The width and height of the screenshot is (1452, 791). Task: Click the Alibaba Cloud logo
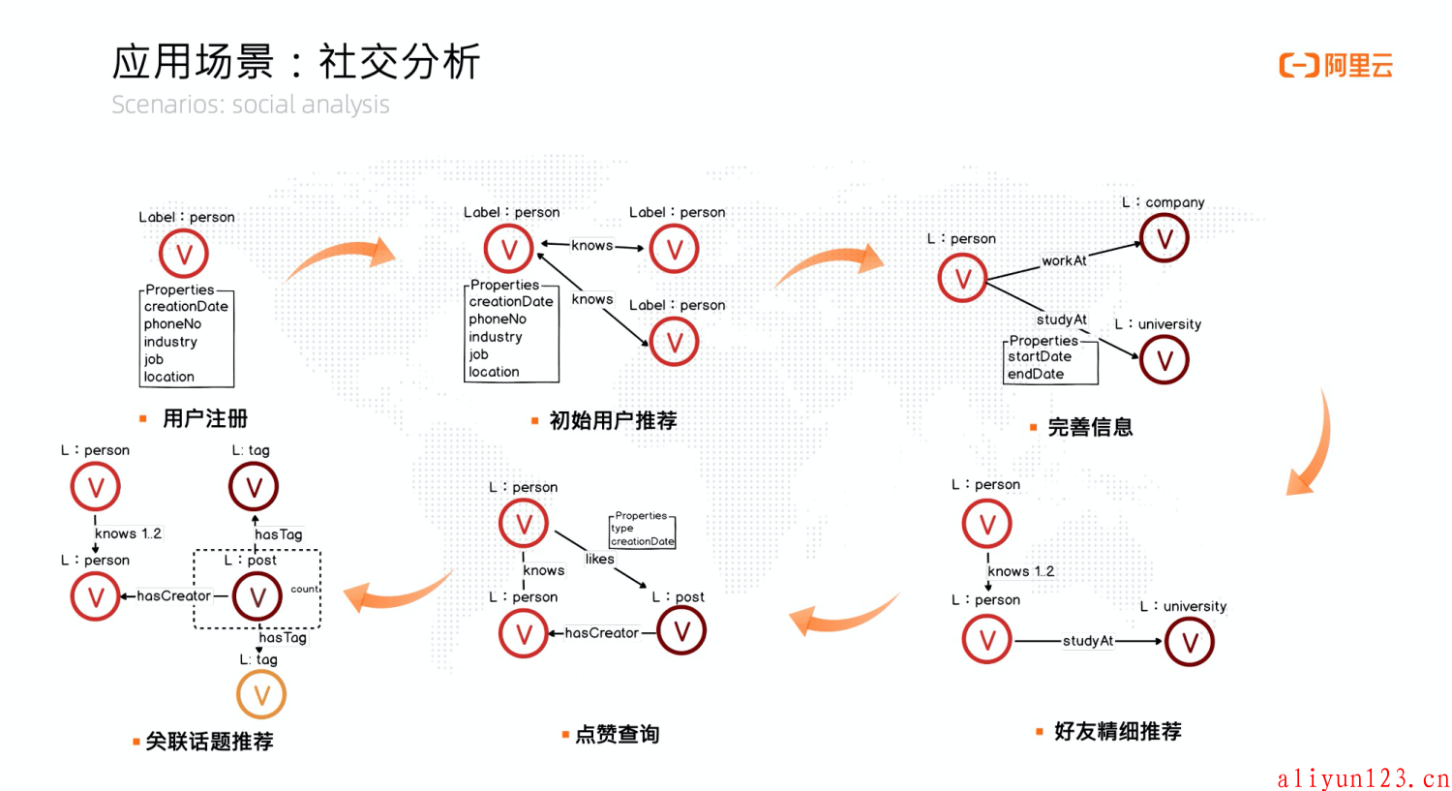click(1336, 66)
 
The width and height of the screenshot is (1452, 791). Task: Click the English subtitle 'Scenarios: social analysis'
click(250, 105)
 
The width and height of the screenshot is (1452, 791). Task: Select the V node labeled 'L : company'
click(1164, 238)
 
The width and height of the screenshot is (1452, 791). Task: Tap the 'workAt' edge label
click(1064, 260)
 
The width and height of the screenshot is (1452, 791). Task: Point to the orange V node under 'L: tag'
click(261, 694)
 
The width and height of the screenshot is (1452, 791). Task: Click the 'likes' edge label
click(599, 559)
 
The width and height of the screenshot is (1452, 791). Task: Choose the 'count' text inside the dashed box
click(304, 589)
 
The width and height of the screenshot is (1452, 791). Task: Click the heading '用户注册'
click(205, 418)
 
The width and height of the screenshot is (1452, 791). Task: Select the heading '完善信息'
click(1090, 427)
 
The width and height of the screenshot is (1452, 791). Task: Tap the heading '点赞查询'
click(617, 734)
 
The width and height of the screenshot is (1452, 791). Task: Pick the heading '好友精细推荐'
click(1117, 731)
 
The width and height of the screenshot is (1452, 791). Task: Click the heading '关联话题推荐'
click(209, 741)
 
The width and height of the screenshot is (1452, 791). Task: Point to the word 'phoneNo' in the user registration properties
click(172, 324)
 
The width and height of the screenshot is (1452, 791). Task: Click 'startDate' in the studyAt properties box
click(1040, 356)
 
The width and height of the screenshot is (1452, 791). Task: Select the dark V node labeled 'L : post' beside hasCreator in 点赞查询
click(681, 631)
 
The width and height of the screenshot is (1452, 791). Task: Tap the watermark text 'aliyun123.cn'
click(1363, 778)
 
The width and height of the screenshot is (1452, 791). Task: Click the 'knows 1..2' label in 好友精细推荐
click(1020, 571)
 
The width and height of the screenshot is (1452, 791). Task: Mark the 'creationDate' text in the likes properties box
click(643, 541)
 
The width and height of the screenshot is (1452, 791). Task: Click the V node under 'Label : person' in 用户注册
click(184, 255)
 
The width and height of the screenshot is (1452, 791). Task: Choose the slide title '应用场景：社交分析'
click(296, 62)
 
